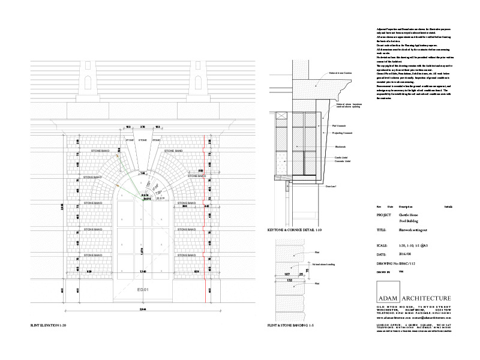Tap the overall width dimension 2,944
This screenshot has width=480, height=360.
[x=142, y=308]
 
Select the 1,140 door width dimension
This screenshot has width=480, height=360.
[x=142, y=272]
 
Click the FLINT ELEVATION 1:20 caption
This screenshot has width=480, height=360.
[x=49, y=325]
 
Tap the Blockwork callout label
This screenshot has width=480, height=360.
[x=339, y=146]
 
